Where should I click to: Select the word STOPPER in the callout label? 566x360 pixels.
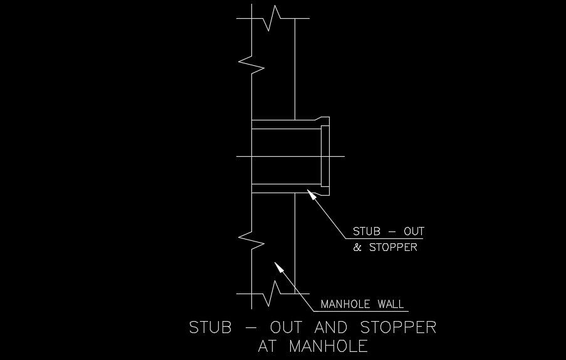[393, 247]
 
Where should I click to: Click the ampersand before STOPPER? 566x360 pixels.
[358, 247]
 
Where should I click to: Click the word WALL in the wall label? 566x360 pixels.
[390, 305]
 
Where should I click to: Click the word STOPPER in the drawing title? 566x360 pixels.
[398, 327]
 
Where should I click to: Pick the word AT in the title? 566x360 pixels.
[269, 346]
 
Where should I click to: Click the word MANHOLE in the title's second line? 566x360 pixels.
[328, 346]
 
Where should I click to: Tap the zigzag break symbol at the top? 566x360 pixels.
[271, 18]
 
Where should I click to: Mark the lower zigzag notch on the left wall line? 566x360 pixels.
[253, 240]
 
